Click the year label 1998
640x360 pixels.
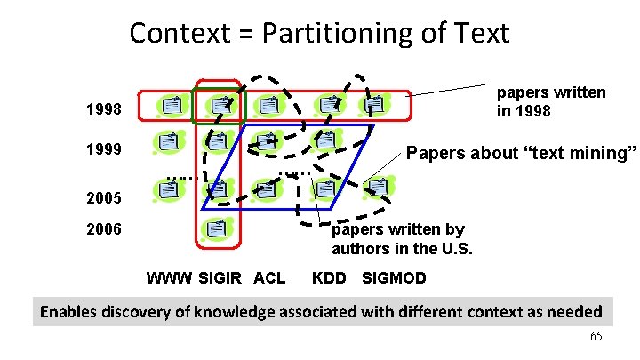pyautogui.click(x=103, y=112)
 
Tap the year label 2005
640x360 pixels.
pyautogui.click(x=103, y=196)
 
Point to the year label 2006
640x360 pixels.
pyautogui.click(x=103, y=229)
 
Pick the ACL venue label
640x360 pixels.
pyautogui.click(x=269, y=278)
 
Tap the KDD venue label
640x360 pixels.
pyautogui.click(x=329, y=278)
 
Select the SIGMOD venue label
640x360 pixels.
pyautogui.click(x=394, y=278)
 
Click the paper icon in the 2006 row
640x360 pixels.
pyautogui.click(x=215, y=228)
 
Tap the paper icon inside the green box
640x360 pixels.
pyautogui.click(x=217, y=106)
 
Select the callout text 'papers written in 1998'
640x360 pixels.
pyautogui.click(x=550, y=101)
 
